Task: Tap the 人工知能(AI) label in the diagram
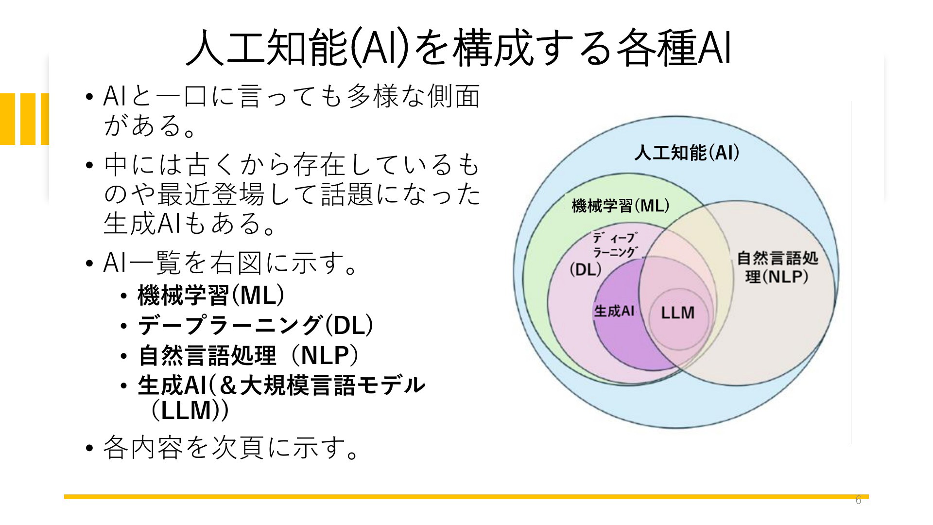(x=687, y=153)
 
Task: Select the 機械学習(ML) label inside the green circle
(x=621, y=206)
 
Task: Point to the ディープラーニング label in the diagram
(x=614, y=245)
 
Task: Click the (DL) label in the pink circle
(x=586, y=269)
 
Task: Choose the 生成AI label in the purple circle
(x=614, y=311)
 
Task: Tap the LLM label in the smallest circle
(x=678, y=313)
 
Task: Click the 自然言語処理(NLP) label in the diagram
(x=777, y=267)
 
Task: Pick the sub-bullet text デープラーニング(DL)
(x=256, y=325)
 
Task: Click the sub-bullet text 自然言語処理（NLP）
(x=249, y=355)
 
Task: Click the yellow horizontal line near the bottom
(x=466, y=496)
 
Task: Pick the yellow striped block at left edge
(x=24, y=119)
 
